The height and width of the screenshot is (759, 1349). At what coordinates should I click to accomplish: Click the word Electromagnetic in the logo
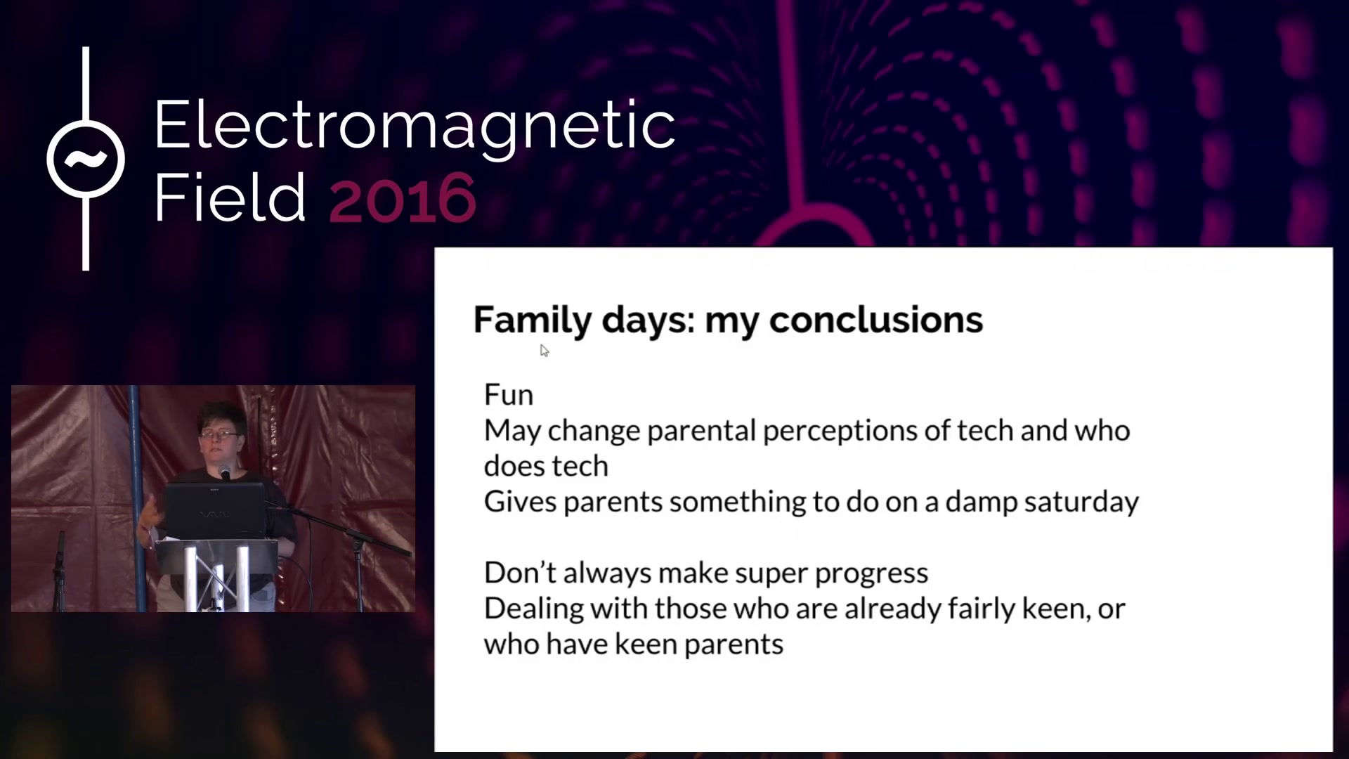(415, 127)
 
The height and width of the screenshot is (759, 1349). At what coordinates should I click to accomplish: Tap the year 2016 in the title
(403, 199)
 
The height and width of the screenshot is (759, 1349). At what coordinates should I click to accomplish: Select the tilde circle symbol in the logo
(86, 159)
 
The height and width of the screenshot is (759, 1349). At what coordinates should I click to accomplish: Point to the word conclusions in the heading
(876, 320)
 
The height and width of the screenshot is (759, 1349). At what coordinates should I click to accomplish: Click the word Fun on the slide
(509, 395)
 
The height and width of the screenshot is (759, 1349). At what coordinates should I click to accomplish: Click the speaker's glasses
(219, 434)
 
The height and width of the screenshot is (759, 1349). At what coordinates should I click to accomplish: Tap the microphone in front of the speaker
(225, 471)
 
